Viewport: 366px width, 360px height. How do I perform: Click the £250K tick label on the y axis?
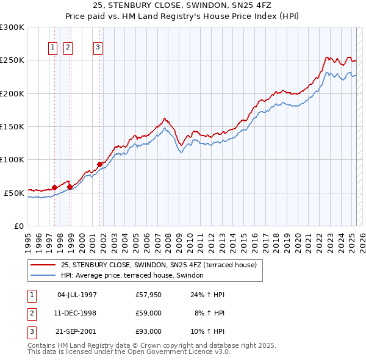12,60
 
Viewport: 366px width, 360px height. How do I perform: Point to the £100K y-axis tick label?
12,159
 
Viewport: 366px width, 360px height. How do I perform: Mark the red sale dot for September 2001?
99,164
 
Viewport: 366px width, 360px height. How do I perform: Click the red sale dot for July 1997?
54,187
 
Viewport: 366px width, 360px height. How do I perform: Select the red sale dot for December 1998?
70,187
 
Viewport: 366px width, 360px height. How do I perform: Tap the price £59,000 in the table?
148,314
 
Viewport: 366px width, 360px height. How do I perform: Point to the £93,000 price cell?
148,332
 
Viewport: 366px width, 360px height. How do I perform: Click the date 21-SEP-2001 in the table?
77,332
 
